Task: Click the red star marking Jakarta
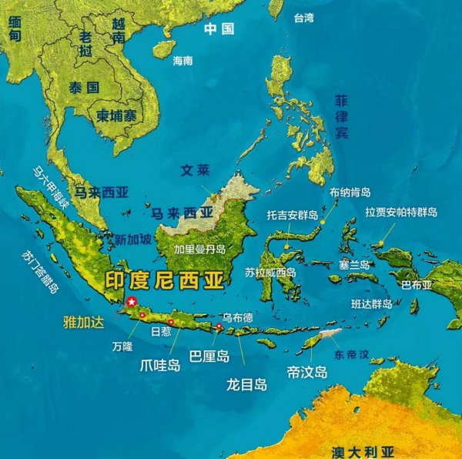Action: click(x=132, y=301)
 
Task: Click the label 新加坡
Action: click(x=133, y=239)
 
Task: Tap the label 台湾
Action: click(x=303, y=18)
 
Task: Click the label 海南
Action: click(x=182, y=60)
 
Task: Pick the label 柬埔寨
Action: click(x=116, y=116)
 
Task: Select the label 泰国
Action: click(x=83, y=87)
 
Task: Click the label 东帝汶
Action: click(x=352, y=355)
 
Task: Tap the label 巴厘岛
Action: click(x=209, y=355)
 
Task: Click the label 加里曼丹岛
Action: click(x=199, y=249)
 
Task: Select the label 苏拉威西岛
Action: click(x=270, y=272)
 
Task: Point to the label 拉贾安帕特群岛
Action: click(x=401, y=212)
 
